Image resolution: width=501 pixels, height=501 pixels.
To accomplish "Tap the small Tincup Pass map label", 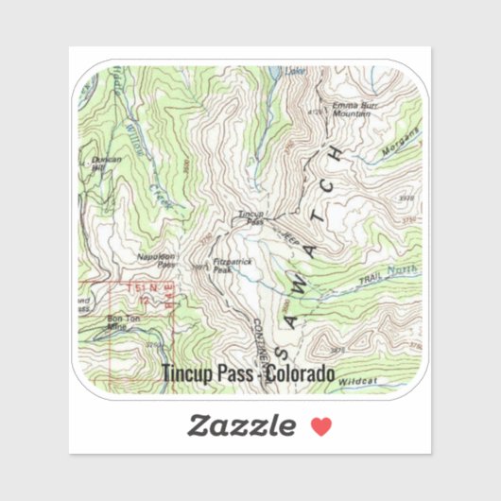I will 249,216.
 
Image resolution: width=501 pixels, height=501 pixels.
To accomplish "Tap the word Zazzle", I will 240,425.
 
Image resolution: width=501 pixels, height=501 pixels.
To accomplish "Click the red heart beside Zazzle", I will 321,425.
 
